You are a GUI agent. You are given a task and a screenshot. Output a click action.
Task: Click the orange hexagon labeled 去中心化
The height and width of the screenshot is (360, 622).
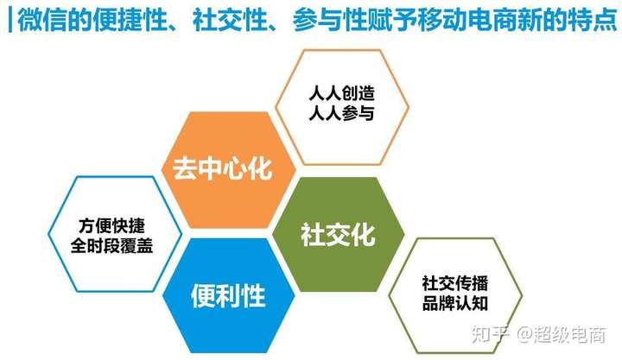click(x=229, y=170)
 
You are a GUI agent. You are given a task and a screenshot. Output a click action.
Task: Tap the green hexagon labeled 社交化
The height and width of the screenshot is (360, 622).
click(x=339, y=234)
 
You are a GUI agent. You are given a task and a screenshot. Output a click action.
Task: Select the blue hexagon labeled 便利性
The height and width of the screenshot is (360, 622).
click(x=229, y=295)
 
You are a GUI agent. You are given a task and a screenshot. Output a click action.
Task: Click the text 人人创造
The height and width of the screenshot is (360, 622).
click(x=341, y=93)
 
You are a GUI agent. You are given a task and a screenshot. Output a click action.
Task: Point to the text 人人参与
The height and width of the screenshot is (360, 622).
click(x=341, y=113)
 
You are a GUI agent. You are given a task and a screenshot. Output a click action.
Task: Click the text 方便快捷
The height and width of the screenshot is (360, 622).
click(x=111, y=225)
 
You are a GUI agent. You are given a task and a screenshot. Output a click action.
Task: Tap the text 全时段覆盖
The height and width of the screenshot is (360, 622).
click(x=111, y=245)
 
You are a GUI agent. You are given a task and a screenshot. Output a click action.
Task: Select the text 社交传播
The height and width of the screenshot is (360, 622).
click(x=455, y=283)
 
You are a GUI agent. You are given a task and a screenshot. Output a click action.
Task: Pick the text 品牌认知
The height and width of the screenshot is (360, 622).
click(x=455, y=303)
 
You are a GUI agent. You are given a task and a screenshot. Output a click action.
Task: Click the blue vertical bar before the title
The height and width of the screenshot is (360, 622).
click(x=10, y=20)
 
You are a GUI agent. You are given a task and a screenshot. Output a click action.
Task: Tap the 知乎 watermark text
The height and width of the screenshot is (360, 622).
click(x=491, y=334)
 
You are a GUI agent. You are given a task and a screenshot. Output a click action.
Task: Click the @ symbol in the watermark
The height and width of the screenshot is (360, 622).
click(x=524, y=335)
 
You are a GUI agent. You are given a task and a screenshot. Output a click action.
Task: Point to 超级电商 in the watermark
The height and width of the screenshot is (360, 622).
click(x=569, y=334)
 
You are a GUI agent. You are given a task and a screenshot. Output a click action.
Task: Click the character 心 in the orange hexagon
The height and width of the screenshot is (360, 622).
click(x=234, y=168)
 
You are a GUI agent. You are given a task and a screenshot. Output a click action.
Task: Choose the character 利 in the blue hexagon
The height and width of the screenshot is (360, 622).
click(x=228, y=295)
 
